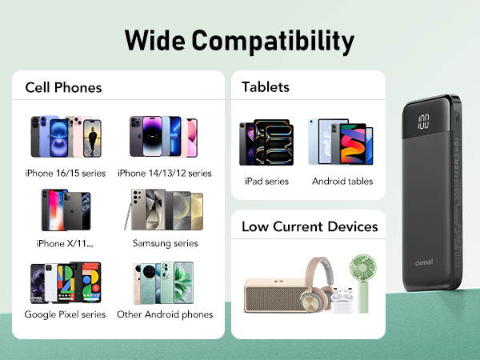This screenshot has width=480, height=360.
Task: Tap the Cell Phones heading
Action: (63, 87)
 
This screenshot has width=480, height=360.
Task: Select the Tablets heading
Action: (266, 87)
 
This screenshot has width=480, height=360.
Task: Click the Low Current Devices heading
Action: (310, 227)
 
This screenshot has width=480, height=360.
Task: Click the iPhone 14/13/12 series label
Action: (165, 174)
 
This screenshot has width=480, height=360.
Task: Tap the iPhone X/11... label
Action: (65, 243)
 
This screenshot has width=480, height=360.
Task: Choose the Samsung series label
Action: (165, 243)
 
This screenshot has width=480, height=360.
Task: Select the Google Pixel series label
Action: (66, 314)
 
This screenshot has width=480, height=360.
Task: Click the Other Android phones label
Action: (165, 314)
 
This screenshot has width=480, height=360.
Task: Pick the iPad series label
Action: (266, 182)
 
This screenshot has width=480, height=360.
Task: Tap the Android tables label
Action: (342, 182)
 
